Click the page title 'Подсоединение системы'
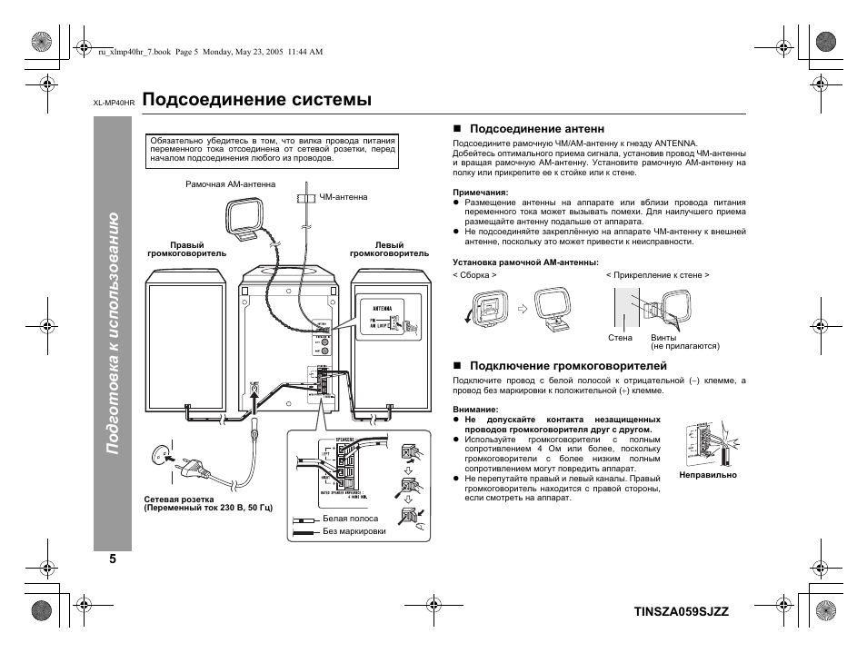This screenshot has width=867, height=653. click(x=257, y=99)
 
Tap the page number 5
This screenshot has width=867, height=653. click(x=114, y=559)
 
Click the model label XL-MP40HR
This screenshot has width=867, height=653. click(x=114, y=102)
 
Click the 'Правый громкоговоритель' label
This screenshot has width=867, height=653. click(x=187, y=250)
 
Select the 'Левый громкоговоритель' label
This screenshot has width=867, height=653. click(x=376, y=250)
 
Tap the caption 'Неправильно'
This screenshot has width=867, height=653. click(x=708, y=475)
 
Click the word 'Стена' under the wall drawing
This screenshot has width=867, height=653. click(x=620, y=338)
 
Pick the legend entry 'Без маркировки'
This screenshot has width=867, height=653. click(x=354, y=531)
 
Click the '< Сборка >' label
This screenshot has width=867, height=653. click(x=474, y=274)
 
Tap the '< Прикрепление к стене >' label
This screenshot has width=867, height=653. click(x=658, y=274)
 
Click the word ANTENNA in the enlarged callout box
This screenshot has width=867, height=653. click(x=381, y=308)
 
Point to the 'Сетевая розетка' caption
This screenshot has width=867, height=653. click(x=179, y=500)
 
